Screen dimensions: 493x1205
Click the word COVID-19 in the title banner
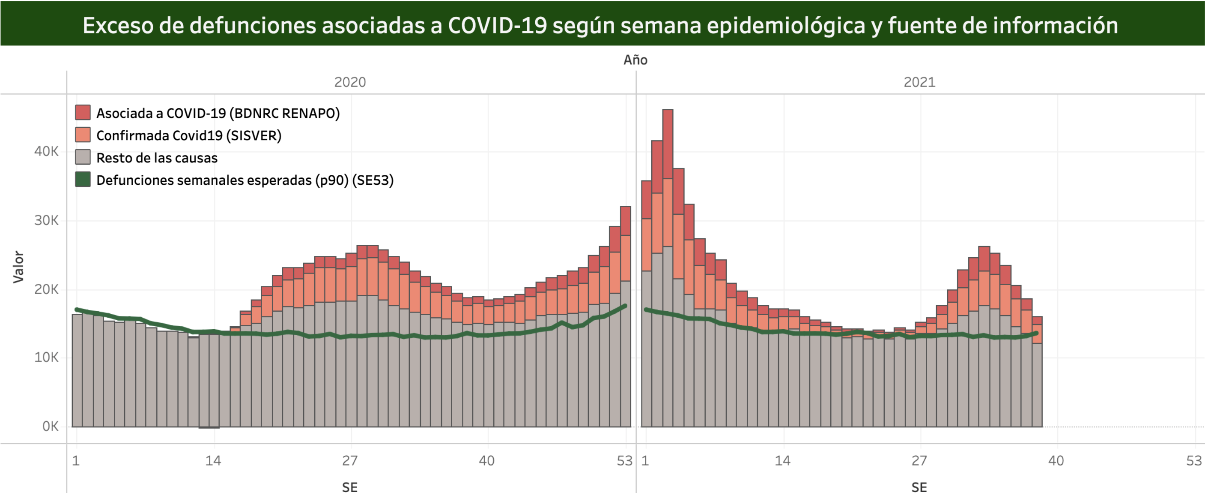(x=497, y=25)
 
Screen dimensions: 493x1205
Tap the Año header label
(x=635, y=60)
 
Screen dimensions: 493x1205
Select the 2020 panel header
(x=350, y=82)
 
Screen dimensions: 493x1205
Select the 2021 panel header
(x=919, y=82)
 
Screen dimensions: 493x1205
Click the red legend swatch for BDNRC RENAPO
(x=83, y=112)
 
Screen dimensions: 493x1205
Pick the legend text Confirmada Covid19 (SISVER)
(x=188, y=135)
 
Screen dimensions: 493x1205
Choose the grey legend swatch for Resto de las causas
(x=83, y=157)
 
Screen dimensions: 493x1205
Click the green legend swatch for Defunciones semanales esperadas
(x=83, y=179)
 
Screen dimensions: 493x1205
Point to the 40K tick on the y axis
(x=46, y=151)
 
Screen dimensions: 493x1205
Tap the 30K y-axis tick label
(x=46, y=220)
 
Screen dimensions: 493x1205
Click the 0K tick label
(x=50, y=426)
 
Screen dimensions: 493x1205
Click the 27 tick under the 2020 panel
(x=350, y=461)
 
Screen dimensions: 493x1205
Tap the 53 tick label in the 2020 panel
(x=624, y=461)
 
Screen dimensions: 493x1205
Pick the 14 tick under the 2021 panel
(x=783, y=461)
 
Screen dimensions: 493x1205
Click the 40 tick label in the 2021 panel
(x=1056, y=461)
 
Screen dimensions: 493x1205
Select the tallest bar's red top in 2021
(x=668, y=143)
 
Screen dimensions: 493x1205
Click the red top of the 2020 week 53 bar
(x=626, y=220)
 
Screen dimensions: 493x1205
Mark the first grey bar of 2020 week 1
(x=77, y=370)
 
